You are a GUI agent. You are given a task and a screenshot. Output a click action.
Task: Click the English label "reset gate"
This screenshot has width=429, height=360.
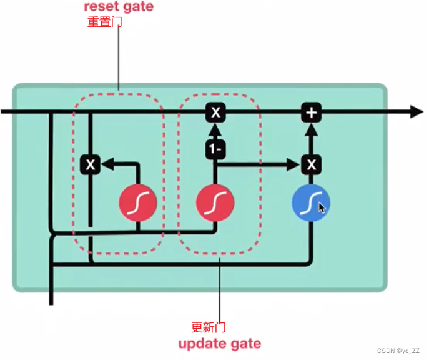(x=119, y=7)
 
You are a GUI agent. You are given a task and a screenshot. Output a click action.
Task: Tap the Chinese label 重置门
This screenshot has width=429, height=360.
(x=105, y=22)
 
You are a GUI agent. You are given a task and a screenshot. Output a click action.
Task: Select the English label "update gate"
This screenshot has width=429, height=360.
(x=219, y=344)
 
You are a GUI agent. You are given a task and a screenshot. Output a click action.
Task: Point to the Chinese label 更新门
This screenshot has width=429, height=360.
(x=208, y=327)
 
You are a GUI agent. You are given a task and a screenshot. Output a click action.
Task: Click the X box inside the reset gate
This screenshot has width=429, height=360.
(x=91, y=164)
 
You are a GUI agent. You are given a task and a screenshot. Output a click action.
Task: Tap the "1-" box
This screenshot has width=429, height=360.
(x=215, y=149)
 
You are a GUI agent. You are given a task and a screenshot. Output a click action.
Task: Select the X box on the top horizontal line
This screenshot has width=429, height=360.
(x=215, y=112)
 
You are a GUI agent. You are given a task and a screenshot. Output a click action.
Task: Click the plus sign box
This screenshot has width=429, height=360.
(x=311, y=112)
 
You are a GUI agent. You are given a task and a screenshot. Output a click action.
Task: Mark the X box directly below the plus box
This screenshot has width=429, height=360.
(x=311, y=164)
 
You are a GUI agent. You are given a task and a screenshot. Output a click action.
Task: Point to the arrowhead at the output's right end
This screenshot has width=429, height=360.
(x=417, y=112)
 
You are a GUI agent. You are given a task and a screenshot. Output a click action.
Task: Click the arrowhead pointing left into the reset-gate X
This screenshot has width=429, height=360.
(x=106, y=164)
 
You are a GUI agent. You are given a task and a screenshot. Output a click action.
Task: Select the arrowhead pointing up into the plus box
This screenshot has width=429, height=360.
(x=311, y=129)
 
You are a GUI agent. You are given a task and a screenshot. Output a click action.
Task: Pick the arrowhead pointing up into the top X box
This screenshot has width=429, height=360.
(x=215, y=129)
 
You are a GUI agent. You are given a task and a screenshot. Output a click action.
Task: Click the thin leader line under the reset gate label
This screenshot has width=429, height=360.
(x=119, y=56)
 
